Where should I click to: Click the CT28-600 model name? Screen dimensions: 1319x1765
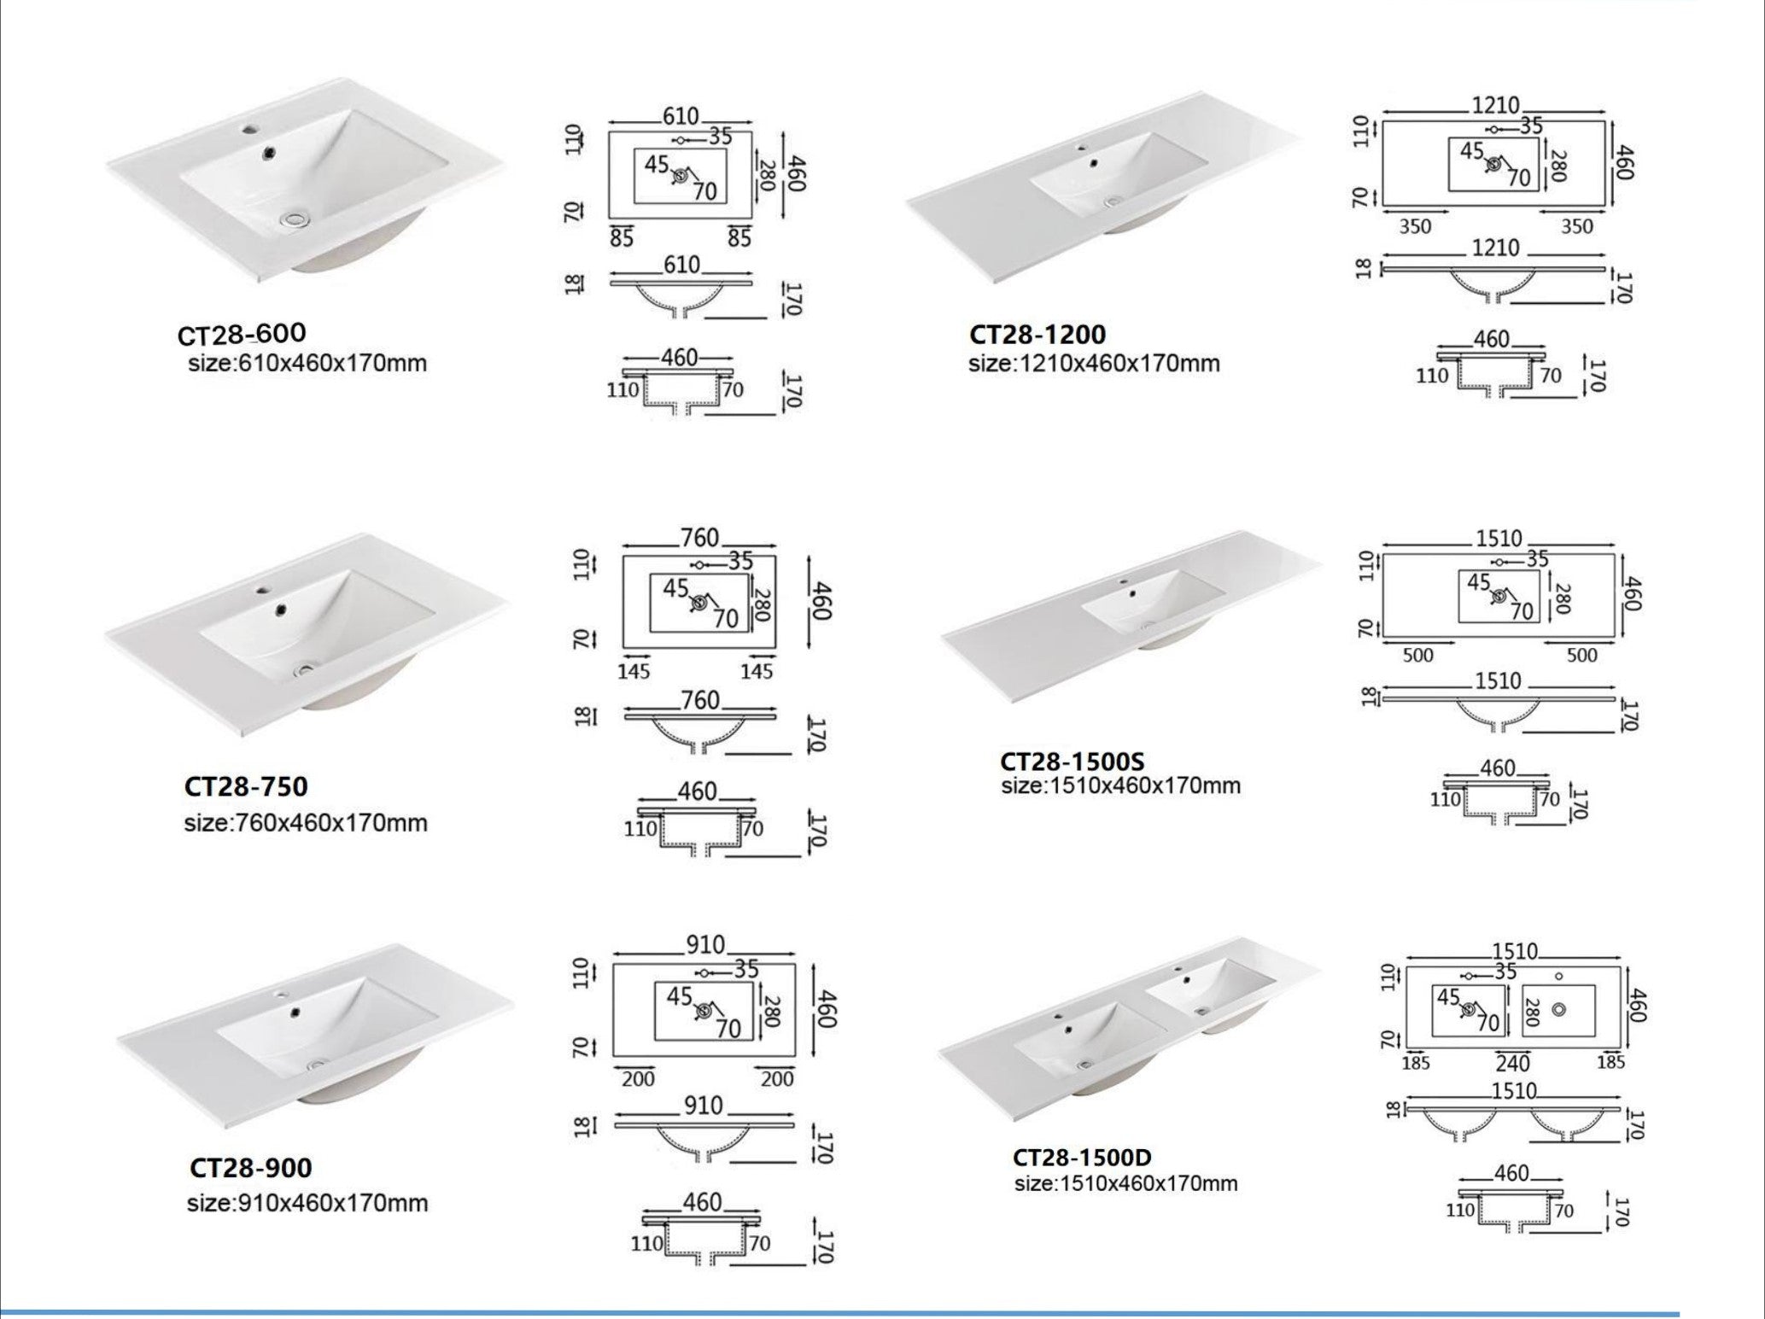tap(242, 334)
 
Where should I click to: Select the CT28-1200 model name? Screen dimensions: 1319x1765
tap(1037, 334)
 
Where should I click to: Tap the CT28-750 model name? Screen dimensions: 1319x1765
tap(246, 786)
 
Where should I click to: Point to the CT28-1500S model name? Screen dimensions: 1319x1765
tap(1072, 761)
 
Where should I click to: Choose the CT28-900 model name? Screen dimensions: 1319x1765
tap(250, 1167)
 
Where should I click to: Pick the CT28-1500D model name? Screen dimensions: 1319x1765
tap(1082, 1158)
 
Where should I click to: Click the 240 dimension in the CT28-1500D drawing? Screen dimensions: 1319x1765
tap(1512, 1064)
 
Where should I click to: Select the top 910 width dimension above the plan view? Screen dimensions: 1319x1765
tap(705, 945)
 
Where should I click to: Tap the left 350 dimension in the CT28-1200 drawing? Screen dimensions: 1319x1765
tap(1415, 227)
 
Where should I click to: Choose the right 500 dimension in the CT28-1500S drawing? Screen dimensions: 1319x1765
tap(1581, 656)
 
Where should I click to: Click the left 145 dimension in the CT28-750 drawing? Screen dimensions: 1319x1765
tap(634, 672)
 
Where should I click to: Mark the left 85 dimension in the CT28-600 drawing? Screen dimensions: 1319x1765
tap(622, 238)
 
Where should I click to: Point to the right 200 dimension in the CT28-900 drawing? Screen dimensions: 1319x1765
tap(776, 1079)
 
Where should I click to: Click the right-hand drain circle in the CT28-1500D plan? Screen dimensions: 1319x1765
tap(1558, 1010)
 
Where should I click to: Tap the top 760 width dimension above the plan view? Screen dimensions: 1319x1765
tap(699, 538)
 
